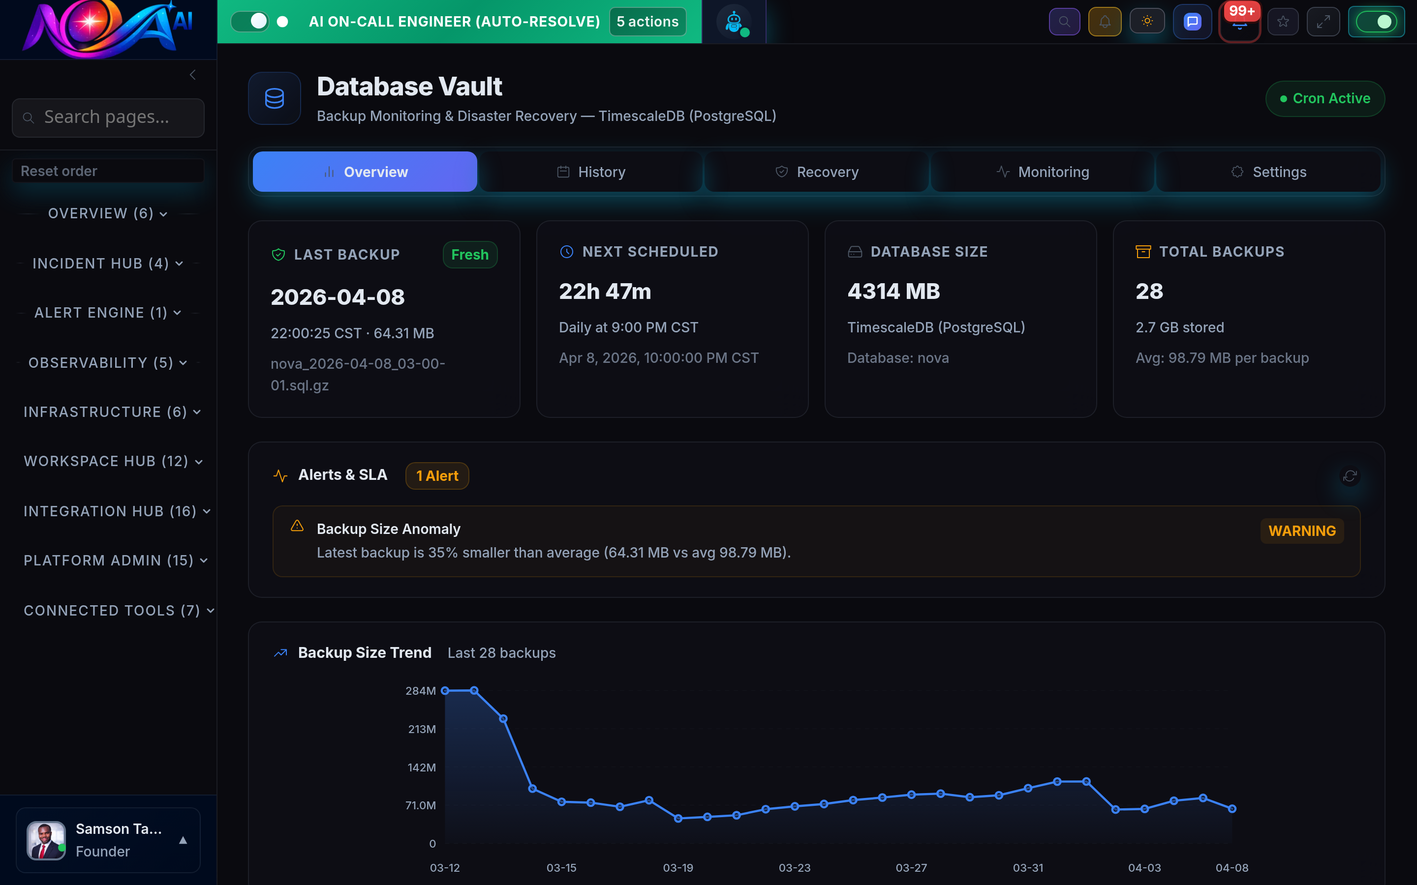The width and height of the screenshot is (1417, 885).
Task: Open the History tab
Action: (x=591, y=172)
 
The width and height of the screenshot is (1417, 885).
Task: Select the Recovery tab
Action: (x=817, y=172)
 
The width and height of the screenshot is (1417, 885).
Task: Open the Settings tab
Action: (x=1268, y=172)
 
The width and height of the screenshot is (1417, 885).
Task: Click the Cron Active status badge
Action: (x=1325, y=98)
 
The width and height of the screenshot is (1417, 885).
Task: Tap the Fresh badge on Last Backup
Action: (x=469, y=255)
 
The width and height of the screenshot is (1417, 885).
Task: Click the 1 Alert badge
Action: (x=437, y=476)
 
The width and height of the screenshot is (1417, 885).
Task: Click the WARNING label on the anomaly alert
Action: (x=1302, y=531)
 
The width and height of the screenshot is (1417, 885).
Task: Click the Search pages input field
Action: (x=108, y=117)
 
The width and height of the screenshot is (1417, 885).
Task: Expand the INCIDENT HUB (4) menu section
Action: (x=108, y=264)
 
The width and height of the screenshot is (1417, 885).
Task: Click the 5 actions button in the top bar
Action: (x=647, y=22)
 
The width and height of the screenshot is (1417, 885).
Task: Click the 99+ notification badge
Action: (x=1241, y=12)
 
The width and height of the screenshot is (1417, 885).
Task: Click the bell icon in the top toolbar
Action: (x=1104, y=22)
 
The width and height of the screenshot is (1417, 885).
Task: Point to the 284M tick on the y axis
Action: (x=420, y=691)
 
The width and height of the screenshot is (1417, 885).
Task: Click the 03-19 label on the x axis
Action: (x=678, y=867)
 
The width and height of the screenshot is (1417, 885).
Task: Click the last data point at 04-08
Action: (x=1232, y=808)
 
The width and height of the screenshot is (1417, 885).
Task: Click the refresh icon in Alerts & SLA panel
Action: (x=1350, y=476)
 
